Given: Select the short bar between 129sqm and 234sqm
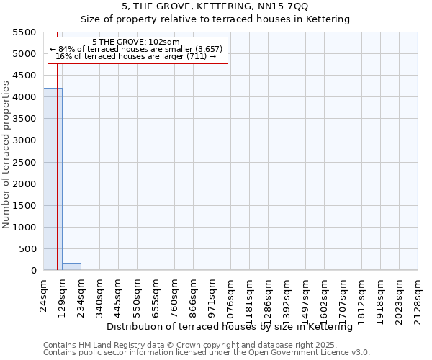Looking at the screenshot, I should [x=71, y=266].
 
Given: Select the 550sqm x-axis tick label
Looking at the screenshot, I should [x=138, y=296].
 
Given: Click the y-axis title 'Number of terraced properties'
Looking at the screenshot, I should [x=6, y=154].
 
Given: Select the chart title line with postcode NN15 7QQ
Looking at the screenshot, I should [x=215, y=6].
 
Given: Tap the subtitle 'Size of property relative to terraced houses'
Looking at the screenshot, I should [x=215, y=19].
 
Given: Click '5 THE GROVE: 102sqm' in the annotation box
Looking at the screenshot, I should [x=136, y=42].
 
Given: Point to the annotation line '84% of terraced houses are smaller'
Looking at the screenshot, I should [x=136, y=49].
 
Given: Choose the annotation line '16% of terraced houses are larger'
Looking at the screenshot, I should [x=136, y=56].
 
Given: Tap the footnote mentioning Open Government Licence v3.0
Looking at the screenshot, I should [x=207, y=352].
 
